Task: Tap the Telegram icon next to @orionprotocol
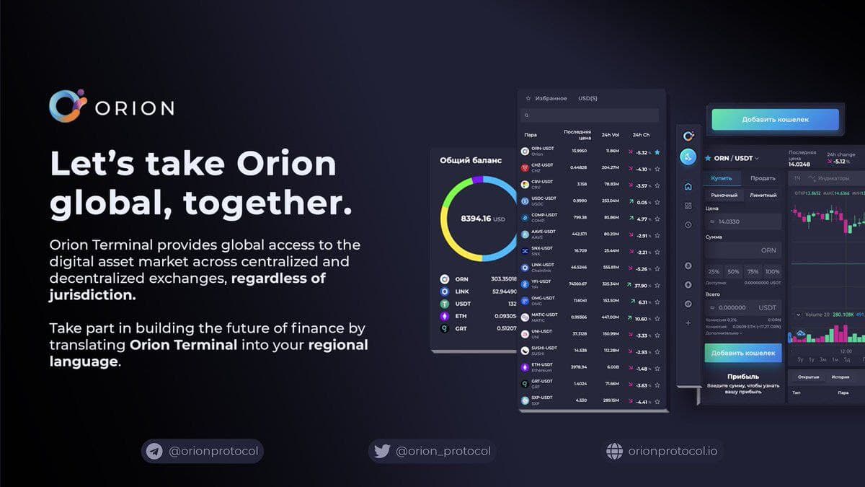(154, 452)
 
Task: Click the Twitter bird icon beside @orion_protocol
(382, 452)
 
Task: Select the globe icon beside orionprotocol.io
(614, 452)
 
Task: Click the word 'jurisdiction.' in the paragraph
(92, 295)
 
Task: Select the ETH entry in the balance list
(461, 316)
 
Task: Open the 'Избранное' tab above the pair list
(551, 98)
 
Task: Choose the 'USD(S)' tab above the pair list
(587, 98)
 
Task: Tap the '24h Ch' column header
(641, 134)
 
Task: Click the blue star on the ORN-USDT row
(657, 152)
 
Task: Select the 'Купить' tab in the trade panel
(722, 178)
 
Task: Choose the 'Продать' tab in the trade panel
(763, 178)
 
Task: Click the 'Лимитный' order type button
(763, 195)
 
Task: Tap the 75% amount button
(753, 271)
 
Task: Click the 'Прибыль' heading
(743, 376)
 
